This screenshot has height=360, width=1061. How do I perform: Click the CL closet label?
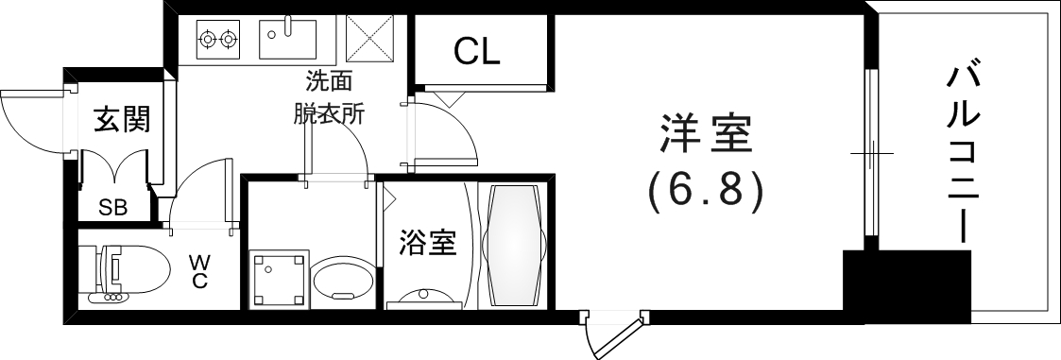click(476, 52)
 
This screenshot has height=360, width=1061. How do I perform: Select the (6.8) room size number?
click(705, 192)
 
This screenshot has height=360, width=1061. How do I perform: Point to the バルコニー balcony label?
click(962, 151)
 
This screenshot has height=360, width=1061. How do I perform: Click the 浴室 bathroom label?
click(427, 244)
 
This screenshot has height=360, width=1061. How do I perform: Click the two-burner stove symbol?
click(217, 40)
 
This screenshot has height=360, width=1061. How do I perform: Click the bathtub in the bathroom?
click(513, 244)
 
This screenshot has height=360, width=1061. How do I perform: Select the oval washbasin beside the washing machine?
click(343, 282)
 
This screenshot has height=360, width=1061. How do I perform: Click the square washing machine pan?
click(279, 280)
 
